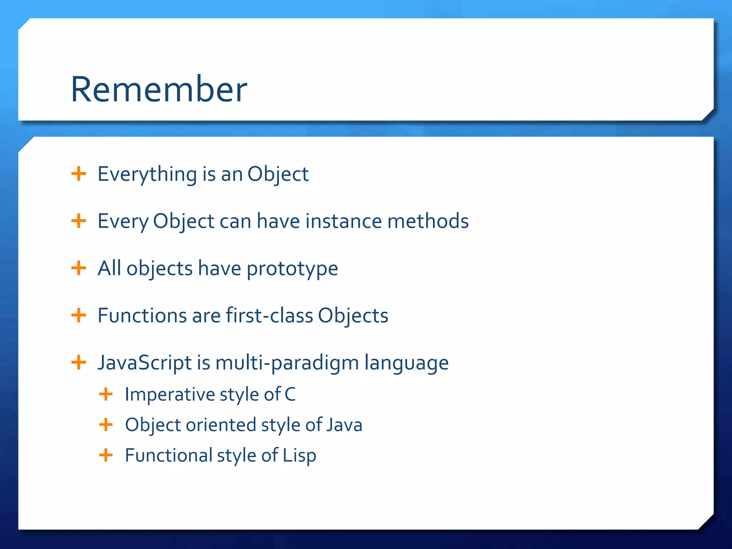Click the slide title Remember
[x=159, y=89]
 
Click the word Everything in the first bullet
[x=147, y=174]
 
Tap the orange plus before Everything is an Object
[x=79, y=174]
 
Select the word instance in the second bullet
[x=343, y=221]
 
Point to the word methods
[x=428, y=221]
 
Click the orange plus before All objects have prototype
[x=79, y=268]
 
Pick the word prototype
[x=292, y=269]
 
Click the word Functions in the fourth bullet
[x=142, y=316]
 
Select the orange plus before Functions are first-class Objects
[x=79, y=315]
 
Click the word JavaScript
[x=145, y=363]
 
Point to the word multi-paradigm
[x=287, y=363]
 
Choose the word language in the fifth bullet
[x=406, y=363]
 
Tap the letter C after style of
[x=290, y=395]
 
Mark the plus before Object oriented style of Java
[x=106, y=425]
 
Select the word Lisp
[x=300, y=456]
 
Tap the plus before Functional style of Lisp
[x=106, y=455]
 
